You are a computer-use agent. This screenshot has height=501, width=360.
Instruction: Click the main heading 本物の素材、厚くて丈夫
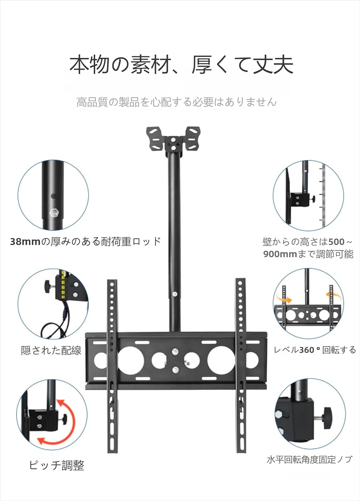(181, 64)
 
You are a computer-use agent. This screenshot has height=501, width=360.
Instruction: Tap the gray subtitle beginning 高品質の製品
(176, 102)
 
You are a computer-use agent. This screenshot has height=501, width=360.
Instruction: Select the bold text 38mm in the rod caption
(25, 241)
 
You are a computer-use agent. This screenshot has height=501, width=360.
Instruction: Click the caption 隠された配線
(51, 350)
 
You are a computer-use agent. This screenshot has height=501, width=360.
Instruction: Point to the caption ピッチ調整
(56, 465)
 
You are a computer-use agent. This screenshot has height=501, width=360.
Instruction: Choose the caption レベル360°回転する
(315, 350)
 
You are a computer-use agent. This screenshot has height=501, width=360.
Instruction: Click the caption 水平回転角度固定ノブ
(309, 460)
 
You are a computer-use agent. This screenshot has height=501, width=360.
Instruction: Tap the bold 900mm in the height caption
(280, 254)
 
